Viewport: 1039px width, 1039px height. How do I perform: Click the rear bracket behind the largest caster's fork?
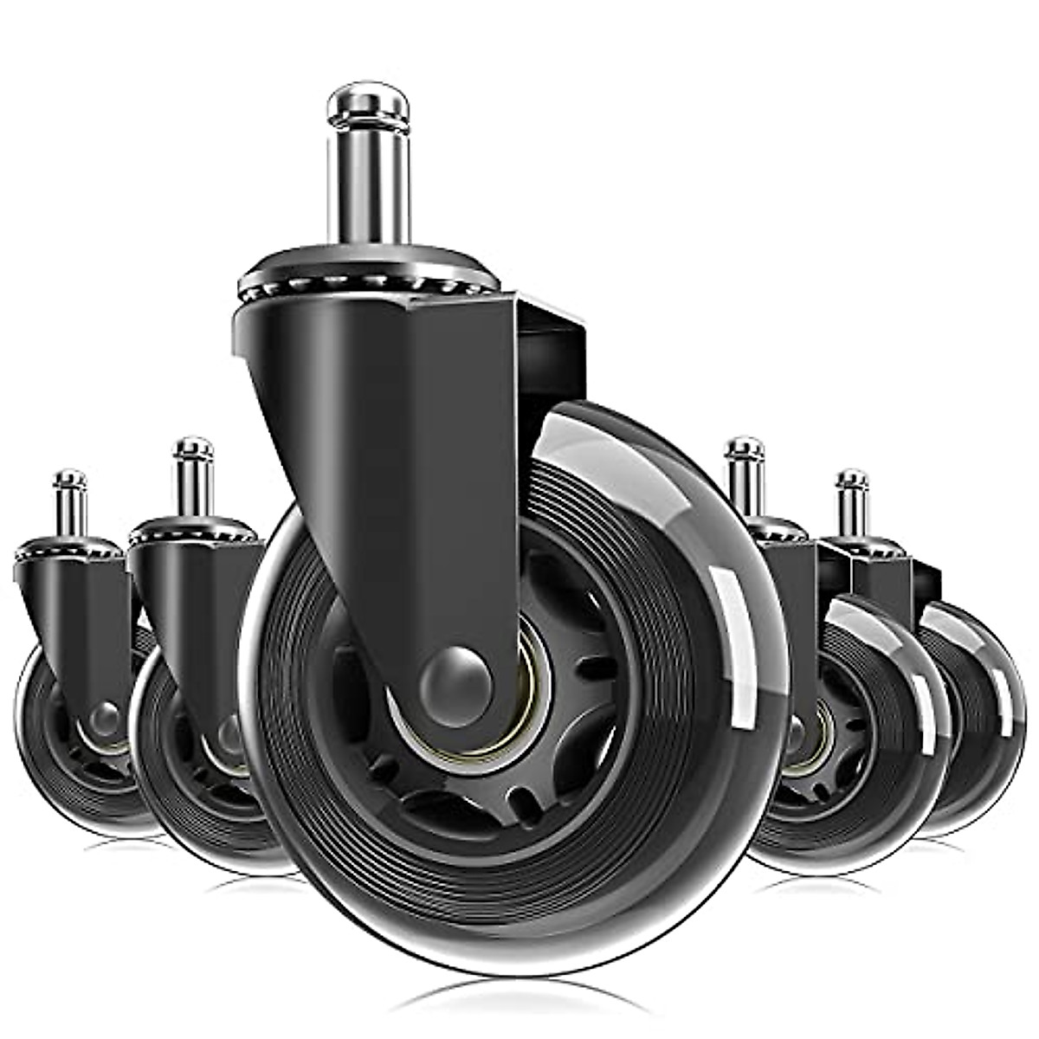(x=554, y=346)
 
